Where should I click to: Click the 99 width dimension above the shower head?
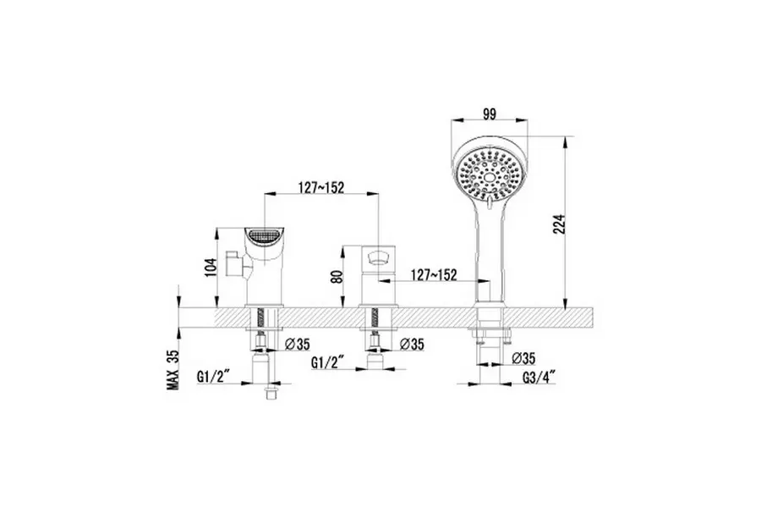[490, 115]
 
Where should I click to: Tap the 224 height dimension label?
[560, 224]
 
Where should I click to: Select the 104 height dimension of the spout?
[211, 267]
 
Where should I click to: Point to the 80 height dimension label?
[338, 276]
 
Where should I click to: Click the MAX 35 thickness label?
[173, 370]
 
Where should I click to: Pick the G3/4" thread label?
[539, 378]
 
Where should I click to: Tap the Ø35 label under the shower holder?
[523, 359]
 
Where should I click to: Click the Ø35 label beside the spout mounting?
[298, 345]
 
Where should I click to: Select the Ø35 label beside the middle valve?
[412, 345]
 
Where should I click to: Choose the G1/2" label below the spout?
[213, 376]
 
